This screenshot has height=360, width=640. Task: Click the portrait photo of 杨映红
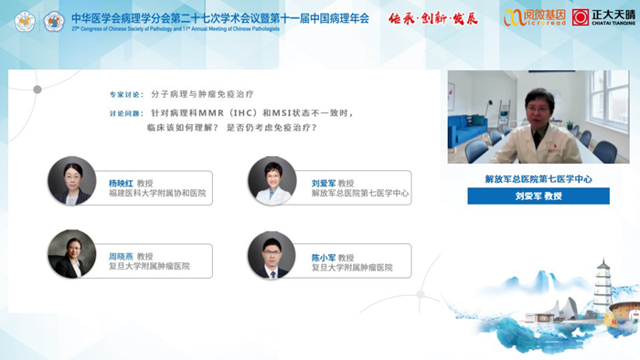(x=72, y=181)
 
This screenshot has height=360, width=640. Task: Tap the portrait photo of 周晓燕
(x=72, y=255)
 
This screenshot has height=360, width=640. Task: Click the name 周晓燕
(x=121, y=256)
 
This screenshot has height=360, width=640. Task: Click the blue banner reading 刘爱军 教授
(x=539, y=196)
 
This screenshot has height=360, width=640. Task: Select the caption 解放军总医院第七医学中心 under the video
(x=539, y=179)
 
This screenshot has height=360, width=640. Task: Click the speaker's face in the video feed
(x=533, y=103)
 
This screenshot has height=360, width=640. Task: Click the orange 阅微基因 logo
(x=534, y=17)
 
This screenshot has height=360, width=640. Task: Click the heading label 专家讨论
(x=127, y=94)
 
